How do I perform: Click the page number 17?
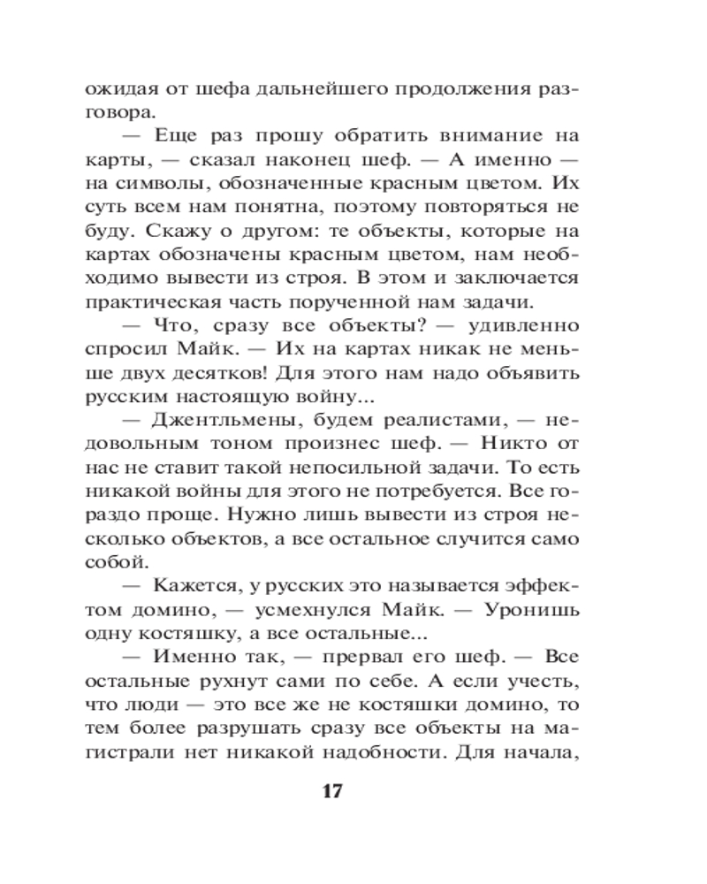point(331,789)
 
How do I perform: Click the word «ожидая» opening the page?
point(118,89)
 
